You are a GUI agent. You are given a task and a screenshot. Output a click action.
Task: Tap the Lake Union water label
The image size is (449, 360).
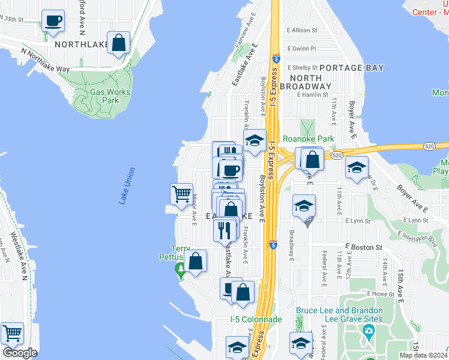coord(127,185)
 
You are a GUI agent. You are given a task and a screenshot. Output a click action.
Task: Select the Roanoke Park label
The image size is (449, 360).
coord(308,139)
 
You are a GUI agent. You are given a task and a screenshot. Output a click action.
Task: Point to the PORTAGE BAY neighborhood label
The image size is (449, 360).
coord(351,68)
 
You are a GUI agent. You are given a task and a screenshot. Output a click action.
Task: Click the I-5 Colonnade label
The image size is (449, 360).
coord(256,319)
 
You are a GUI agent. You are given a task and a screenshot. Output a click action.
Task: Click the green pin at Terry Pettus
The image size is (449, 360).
coord(181,271)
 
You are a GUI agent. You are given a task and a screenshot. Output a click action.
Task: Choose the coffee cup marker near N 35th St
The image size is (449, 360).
coord(53,21)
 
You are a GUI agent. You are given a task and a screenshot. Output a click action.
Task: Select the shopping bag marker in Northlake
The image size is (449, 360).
coord(119,43)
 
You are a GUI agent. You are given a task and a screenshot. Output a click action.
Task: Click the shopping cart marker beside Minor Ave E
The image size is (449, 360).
coord(181,194)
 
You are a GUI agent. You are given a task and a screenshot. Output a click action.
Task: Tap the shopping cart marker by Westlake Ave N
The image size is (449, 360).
coord(12,333)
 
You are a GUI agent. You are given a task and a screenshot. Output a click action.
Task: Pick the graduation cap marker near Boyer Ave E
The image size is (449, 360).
coord(357,168)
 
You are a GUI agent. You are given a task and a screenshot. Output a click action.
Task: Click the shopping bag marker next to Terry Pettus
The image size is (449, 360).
coord(195,261)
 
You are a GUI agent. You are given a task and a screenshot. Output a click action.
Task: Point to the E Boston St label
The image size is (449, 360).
coord(364,247)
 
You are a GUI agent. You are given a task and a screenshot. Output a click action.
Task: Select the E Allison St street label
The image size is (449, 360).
coord(310,30)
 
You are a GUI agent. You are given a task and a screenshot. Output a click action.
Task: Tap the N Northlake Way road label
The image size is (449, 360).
coord(45,61)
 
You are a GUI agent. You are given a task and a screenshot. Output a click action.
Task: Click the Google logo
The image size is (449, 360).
coord(20,353)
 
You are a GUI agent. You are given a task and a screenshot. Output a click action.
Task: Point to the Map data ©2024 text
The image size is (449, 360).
coord(423,355)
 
